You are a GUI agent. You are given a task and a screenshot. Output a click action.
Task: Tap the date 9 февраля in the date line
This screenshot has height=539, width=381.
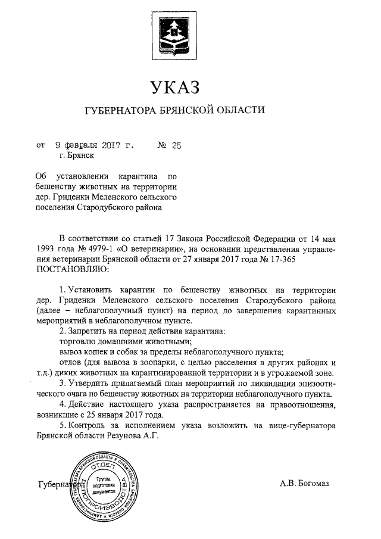coord(73,144)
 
